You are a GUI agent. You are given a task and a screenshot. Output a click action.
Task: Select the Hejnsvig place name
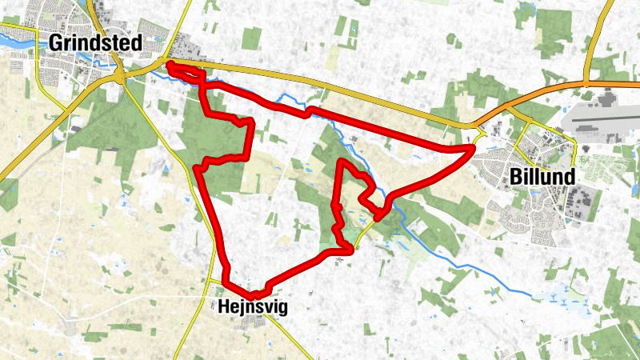coord(252,306)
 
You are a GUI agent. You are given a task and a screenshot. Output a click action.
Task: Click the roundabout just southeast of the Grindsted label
coord(121,77)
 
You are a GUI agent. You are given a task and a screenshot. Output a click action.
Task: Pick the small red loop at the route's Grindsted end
coord(184,71)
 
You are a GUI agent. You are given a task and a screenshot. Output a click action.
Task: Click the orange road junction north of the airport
coord(586,82)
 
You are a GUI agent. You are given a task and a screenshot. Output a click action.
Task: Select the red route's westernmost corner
coord(197,167)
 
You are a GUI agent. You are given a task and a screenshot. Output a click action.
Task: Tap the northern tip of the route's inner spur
coord(342,162)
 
